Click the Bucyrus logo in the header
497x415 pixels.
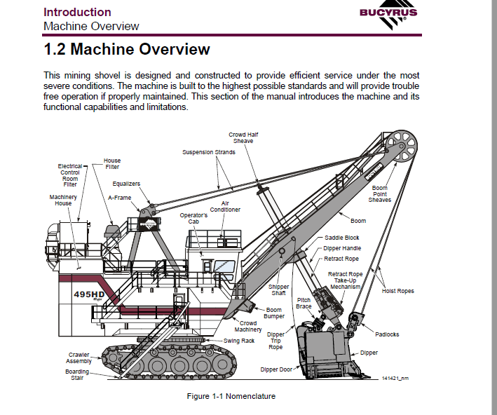(388, 14)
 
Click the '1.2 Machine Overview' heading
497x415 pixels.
(127, 50)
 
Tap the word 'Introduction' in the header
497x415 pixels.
(77, 13)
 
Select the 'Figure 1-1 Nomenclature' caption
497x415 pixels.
(231, 396)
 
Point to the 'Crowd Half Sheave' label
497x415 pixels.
(243, 138)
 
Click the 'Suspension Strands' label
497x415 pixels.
(209, 152)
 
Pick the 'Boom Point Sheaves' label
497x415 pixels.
(380, 194)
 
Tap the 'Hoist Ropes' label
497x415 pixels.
(397, 291)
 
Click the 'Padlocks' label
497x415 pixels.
(387, 334)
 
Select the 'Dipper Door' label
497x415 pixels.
(276, 369)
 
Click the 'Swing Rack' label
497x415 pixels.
(239, 341)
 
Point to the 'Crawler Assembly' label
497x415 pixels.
(79, 358)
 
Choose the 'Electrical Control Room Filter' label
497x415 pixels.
(70, 175)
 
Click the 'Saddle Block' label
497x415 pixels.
(342, 238)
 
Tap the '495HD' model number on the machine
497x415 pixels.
(89, 294)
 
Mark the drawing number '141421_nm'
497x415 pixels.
(395, 379)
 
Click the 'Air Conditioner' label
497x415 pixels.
(225, 207)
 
